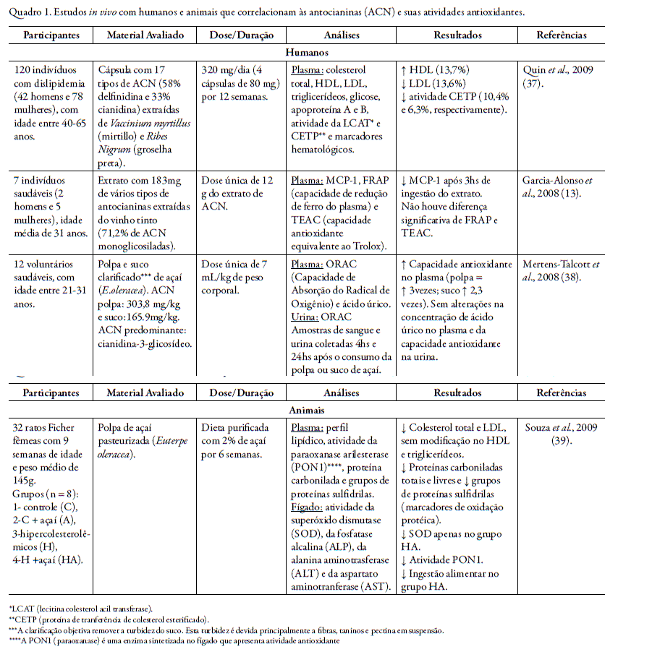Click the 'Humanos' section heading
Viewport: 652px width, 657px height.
click(x=307, y=53)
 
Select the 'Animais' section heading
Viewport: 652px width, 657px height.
click(x=307, y=410)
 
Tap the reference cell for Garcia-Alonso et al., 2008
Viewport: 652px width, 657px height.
click(x=561, y=186)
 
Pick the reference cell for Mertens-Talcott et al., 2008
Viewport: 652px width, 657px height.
click(x=561, y=271)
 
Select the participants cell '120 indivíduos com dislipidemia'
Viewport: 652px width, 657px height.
click(x=51, y=97)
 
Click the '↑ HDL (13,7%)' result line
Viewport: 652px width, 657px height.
click(x=434, y=70)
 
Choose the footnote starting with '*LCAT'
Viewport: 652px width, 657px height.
click(x=80, y=609)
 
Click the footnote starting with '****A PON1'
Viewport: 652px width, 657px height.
click(x=174, y=640)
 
